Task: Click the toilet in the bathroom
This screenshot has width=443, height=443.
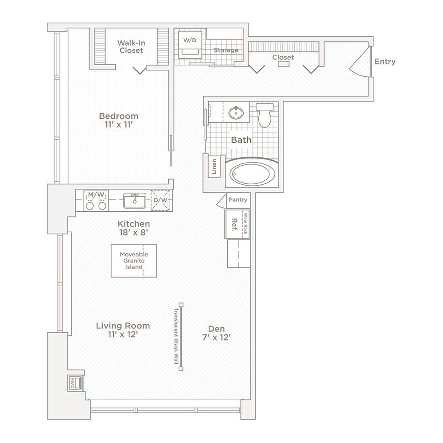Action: (x=264, y=115)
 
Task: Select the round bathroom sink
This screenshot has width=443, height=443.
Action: (x=236, y=113)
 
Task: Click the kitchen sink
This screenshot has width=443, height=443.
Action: (x=135, y=200)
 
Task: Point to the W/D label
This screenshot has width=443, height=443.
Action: (x=190, y=40)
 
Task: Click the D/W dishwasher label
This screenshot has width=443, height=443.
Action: (x=160, y=200)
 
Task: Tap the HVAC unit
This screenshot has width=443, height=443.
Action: (x=76, y=383)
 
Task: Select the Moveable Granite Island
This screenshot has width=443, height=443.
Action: (x=134, y=260)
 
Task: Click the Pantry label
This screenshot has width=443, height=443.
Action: (x=238, y=199)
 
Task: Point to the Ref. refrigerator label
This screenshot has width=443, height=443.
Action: (x=234, y=225)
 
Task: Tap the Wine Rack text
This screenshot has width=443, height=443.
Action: (x=245, y=223)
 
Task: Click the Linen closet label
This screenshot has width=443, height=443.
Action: (x=214, y=167)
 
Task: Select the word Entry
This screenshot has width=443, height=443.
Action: (x=385, y=62)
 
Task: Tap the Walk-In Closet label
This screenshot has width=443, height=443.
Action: (x=131, y=47)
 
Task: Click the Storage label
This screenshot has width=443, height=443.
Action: (x=226, y=51)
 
